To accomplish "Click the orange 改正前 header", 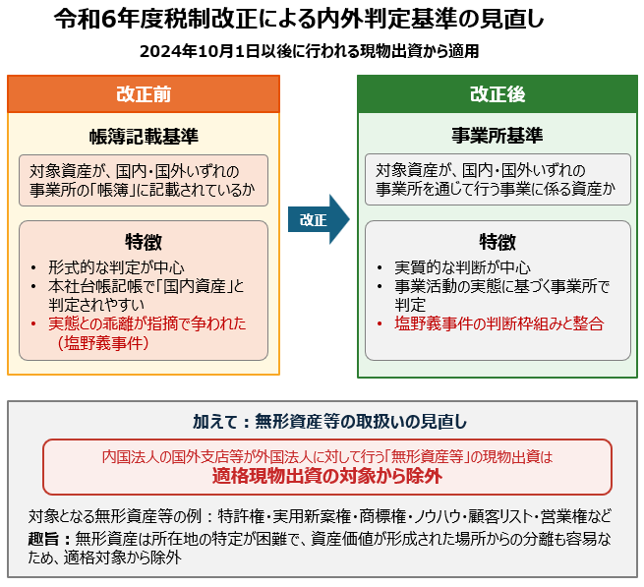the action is [x=144, y=94].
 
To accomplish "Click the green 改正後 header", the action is [x=498, y=94].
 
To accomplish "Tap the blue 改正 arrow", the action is [x=319, y=219].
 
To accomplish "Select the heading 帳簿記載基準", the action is [x=144, y=137].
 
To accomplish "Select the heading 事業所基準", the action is [x=498, y=136].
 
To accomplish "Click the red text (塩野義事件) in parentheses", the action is [x=102, y=343].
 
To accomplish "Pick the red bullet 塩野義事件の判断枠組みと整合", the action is [x=499, y=323].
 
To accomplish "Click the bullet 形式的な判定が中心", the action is [x=116, y=267].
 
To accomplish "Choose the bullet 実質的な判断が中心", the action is [x=462, y=267].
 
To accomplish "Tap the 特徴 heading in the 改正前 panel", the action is [x=144, y=242].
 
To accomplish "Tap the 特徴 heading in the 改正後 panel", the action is [x=498, y=242].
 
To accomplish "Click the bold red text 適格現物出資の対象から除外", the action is [x=327, y=477].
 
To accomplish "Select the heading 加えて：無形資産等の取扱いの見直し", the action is [x=329, y=422].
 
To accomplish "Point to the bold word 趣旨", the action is [x=43, y=539].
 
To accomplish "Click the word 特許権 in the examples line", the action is [x=241, y=516].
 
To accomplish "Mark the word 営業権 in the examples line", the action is [x=564, y=516].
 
